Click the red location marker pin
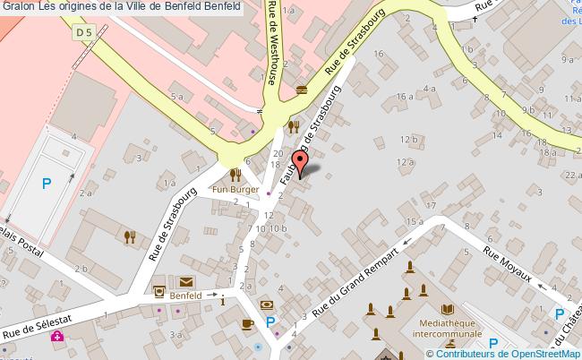[x=301, y=164]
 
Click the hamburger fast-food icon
[x=300, y=89]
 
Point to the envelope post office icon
[x=186, y=281]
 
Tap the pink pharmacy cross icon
[x=57, y=337]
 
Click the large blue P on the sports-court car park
[x=46, y=184]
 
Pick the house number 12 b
[x=410, y=139]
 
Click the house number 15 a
[x=414, y=220]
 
